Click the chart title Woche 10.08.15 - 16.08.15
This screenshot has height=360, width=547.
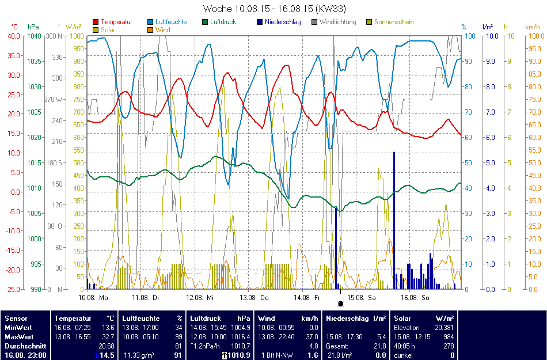click(274, 9)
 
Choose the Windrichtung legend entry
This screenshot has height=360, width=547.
click(333, 22)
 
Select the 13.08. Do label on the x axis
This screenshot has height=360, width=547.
click(256, 297)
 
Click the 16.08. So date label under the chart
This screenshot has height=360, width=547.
click(415, 297)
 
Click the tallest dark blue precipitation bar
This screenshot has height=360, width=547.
click(394, 219)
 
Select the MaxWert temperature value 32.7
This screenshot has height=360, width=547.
click(107, 336)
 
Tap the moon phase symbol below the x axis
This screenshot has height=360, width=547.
click(340, 303)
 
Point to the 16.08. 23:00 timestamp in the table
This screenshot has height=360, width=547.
click(25, 355)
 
